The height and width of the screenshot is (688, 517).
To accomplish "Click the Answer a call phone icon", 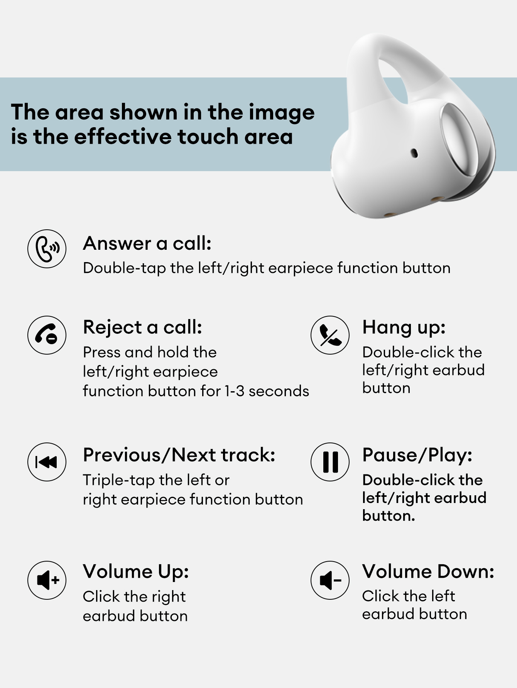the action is click(x=47, y=249).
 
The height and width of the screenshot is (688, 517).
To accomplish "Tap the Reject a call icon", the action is click(x=47, y=335).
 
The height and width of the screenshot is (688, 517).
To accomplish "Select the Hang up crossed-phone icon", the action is click(x=330, y=335).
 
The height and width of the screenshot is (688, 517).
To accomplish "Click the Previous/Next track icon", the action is click(x=47, y=462).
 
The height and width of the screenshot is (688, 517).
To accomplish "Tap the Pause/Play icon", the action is click(x=330, y=462).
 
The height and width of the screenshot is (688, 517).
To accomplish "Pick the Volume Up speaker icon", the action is click(x=47, y=580).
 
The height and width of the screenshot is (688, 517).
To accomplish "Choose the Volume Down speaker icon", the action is click(x=330, y=580).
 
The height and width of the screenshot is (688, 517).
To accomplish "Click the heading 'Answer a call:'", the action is click(x=147, y=244).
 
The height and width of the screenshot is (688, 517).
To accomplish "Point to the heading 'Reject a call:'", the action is click(x=143, y=328).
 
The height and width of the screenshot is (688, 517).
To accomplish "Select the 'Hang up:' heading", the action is click(x=404, y=328).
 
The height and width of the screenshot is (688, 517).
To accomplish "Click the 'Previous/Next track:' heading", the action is click(x=179, y=455).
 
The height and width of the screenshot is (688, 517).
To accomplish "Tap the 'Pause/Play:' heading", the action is click(x=417, y=455).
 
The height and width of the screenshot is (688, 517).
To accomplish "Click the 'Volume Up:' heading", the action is click(x=136, y=572).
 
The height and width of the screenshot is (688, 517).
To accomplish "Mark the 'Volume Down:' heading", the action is click(x=428, y=571).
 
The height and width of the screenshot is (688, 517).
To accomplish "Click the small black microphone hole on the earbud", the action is click(x=414, y=153).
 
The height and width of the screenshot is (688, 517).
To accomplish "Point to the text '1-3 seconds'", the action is click(x=267, y=391).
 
